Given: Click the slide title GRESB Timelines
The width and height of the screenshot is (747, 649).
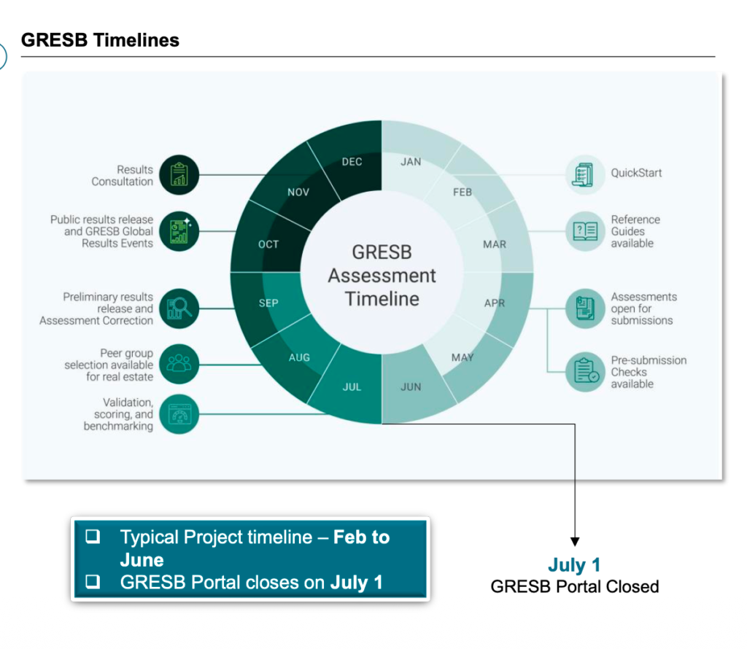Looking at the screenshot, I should (100, 40).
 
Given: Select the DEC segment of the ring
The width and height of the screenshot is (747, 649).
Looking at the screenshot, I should (352, 162).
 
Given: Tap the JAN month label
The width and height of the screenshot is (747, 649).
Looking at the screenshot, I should (411, 162).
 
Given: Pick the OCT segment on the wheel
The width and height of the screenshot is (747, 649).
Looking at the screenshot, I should (268, 244).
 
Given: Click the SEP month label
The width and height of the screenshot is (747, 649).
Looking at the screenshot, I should (268, 303).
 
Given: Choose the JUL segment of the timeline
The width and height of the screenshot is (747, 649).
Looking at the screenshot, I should (352, 386).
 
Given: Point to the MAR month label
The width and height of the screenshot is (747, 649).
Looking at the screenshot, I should (494, 244).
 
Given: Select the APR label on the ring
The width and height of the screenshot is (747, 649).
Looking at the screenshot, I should (494, 303).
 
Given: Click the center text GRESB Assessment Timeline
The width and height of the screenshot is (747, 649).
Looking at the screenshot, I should (382, 275).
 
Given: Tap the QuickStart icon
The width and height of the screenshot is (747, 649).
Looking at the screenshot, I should (585, 174).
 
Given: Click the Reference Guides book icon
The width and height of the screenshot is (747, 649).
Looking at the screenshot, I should (585, 231).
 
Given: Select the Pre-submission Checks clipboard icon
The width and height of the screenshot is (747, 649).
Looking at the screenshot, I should (585, 371).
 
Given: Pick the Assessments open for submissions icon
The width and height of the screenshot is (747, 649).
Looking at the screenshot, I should (585, 308).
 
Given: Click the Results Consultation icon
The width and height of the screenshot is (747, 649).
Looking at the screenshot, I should (179, 175).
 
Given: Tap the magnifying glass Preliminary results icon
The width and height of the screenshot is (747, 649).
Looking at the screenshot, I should (179, 308).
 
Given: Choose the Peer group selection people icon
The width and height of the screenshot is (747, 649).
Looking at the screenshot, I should (179, 364).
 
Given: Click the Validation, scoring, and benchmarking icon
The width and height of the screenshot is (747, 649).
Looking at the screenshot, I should (179, 413).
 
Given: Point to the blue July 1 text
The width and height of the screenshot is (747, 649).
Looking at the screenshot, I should (574, 566).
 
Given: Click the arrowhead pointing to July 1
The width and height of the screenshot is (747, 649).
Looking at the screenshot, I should (575, 542).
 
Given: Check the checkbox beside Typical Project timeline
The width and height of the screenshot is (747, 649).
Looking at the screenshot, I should (93, 537).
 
